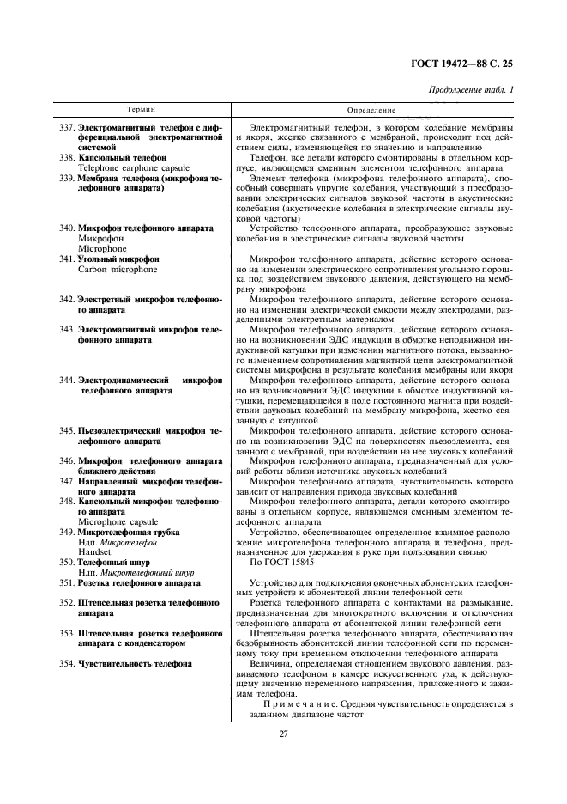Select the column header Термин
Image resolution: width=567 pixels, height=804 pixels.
pos(142,111)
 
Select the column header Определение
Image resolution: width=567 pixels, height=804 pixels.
pos(371,111)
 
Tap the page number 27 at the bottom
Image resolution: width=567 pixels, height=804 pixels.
pos(283,733)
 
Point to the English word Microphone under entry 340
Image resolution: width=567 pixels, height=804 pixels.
pos(102,248)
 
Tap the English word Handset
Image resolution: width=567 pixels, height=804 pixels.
pos(94,551)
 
